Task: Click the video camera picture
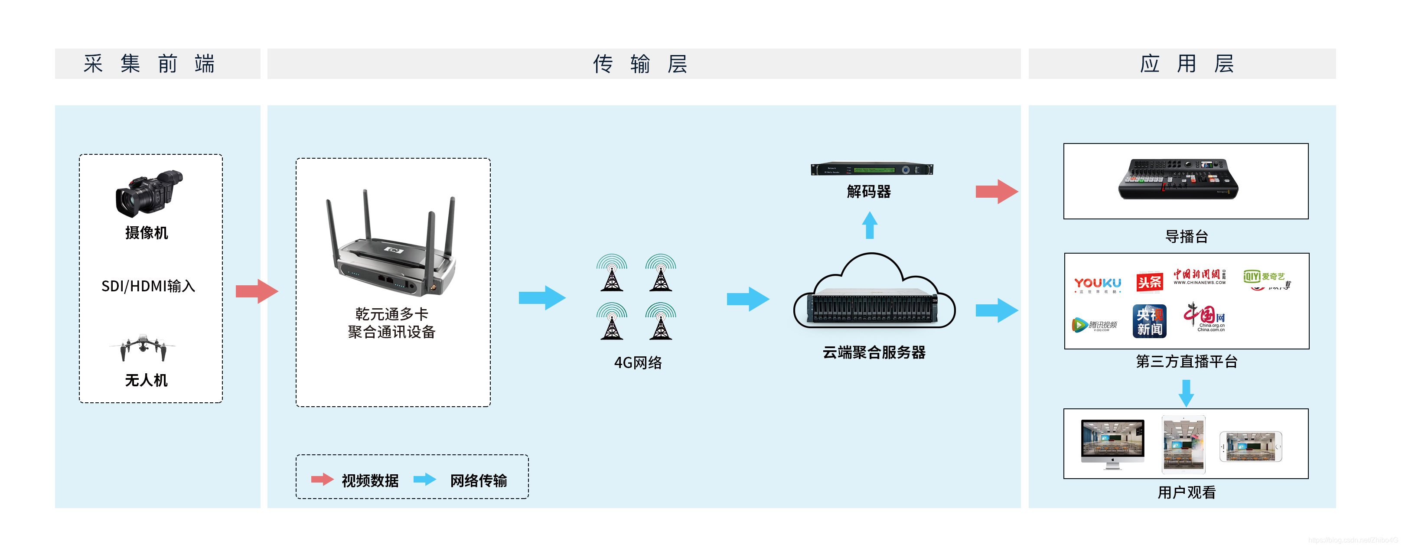148,193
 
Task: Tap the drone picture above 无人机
143,347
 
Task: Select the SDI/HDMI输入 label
148,286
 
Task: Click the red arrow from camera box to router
256,291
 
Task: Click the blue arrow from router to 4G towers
541,298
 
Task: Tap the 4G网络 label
638,363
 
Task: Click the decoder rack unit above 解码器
871,169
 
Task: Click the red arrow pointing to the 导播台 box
996,192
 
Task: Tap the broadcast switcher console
1178,179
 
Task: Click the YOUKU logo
1097,284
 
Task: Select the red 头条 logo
1149,282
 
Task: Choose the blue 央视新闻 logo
1149,322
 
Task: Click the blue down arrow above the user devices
1186,393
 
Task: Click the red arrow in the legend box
322,479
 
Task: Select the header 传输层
641,64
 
